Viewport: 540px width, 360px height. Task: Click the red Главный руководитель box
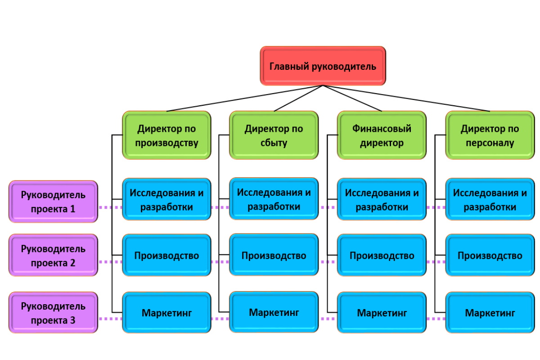coord(323,66)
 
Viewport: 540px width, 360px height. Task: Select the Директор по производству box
coord(166,135)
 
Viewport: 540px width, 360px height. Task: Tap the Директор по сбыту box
coord(274,135)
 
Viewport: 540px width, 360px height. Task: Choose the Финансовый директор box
coord(382,135)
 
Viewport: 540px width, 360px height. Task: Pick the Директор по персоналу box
coord(490,135)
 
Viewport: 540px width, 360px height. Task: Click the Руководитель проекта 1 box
coord(53,202)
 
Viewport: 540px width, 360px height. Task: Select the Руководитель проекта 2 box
coord(53,255)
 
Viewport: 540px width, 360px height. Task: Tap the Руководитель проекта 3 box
coord(53,313)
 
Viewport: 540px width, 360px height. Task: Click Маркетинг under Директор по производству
coord(166,313)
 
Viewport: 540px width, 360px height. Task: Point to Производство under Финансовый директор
coord(382,255)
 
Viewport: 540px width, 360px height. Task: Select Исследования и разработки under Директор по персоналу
coord(490,199)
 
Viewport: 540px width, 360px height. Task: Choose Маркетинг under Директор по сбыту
coord(274,312)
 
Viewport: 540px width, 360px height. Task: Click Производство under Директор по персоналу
coord(490,255)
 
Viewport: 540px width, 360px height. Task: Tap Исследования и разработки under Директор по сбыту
coord(274,199)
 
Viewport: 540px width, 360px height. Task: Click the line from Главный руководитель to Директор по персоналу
coord(406,99)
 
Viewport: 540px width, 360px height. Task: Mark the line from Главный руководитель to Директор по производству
coord(245,99)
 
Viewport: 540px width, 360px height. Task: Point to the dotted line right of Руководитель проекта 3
coord(110,319)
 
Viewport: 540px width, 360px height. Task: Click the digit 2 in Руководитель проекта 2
coord(72,263)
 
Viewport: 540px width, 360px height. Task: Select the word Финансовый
coord(382,129)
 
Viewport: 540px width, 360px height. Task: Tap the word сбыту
coord(274,143)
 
